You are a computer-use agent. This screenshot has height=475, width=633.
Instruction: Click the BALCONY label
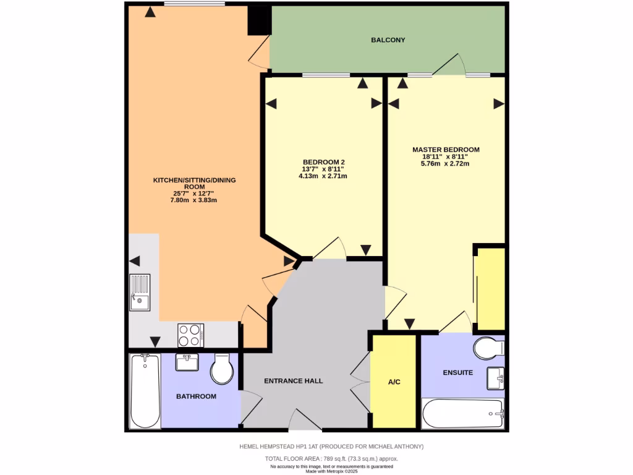pyautogui.click(x=388, y=40)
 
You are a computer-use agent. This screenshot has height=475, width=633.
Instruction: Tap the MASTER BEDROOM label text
pyautogui.click(x=446, y=150)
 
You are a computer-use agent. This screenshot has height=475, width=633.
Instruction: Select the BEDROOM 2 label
pyautogui.click(x=323, y=161)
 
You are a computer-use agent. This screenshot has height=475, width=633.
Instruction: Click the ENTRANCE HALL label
pyautogui.click(x=293, y=381)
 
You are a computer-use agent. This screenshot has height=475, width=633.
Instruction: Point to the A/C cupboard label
pyautogui.click(x=394, y=382)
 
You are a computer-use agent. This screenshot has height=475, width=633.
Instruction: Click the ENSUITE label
pyautogui.click(x=458, y=373)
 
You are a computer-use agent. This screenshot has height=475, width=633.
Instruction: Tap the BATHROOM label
pyautogui.click(x=196, y=396)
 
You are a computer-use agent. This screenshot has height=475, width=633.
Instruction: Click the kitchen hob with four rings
pyautogui.click(x=191, y=335)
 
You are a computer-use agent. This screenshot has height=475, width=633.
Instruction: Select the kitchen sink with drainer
pyautogui.click(x=140, y=293)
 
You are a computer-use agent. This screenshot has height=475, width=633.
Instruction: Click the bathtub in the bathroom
pyautogui.click(x=145, y=391)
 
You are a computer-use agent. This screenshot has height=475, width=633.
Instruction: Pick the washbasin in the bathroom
pyautogui.click(x=187, y=362)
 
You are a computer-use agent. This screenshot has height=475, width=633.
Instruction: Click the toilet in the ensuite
pyautogui.click(x=490, y=348)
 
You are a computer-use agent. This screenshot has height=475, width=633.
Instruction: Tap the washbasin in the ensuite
pyautogui.click(x=496, y=378)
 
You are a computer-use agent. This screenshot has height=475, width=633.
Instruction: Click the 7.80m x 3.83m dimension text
pyautogui.click(x=194, y=200)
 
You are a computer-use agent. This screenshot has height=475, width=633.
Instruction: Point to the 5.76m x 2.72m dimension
pyautogui.click(x=445, y=164)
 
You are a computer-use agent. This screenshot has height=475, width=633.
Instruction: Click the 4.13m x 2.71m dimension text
pyautogui.click(x=323, y=176)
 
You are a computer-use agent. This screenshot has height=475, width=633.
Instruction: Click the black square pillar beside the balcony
pyautogui.click(x=259, y=20)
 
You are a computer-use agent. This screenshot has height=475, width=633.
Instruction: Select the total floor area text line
pyautogui.click(x=331, y=459)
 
